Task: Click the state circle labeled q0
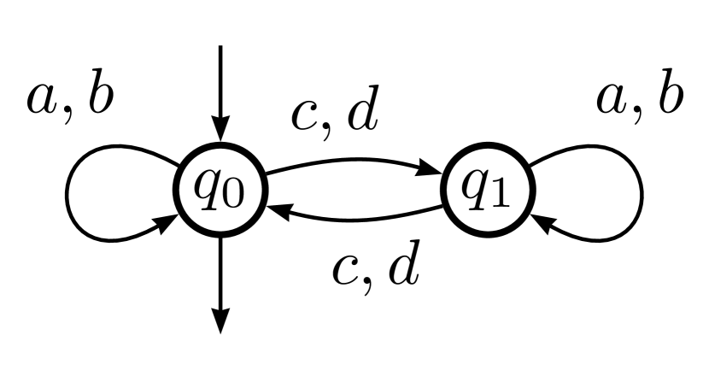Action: point(221,196)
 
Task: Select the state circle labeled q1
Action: point(484,196)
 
